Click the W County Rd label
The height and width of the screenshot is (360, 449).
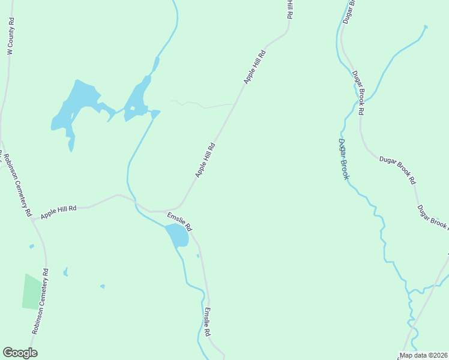pyautogui.click(x=10, y=37)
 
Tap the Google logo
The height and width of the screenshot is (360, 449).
pyautogui.click(x=20, y=353)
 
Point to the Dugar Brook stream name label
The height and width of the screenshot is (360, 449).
pyautogui.click(x=343, y=159)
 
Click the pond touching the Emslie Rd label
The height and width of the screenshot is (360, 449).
pyautogui.click(x=176, y=236)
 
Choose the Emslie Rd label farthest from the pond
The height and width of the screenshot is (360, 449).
pyautogui.click(x=207, y=321)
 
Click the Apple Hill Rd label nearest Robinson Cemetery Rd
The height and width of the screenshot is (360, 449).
pyautogui.click(x=59, y=212)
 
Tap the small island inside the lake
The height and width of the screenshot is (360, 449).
pyautogui.click(x=132, y=109)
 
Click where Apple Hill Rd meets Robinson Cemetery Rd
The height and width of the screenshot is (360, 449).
pyautogui.click(x=34, y=220)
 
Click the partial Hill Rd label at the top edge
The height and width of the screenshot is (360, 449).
pyautogui.click(x=289, y=8)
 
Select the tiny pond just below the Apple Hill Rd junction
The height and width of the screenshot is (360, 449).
pyautogui.click(x=31, y=246)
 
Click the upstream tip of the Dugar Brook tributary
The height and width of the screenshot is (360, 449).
pyautogui.click(x=426, y=26)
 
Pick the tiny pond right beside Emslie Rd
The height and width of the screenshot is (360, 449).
pyautogui.click(x=197, y=256)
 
